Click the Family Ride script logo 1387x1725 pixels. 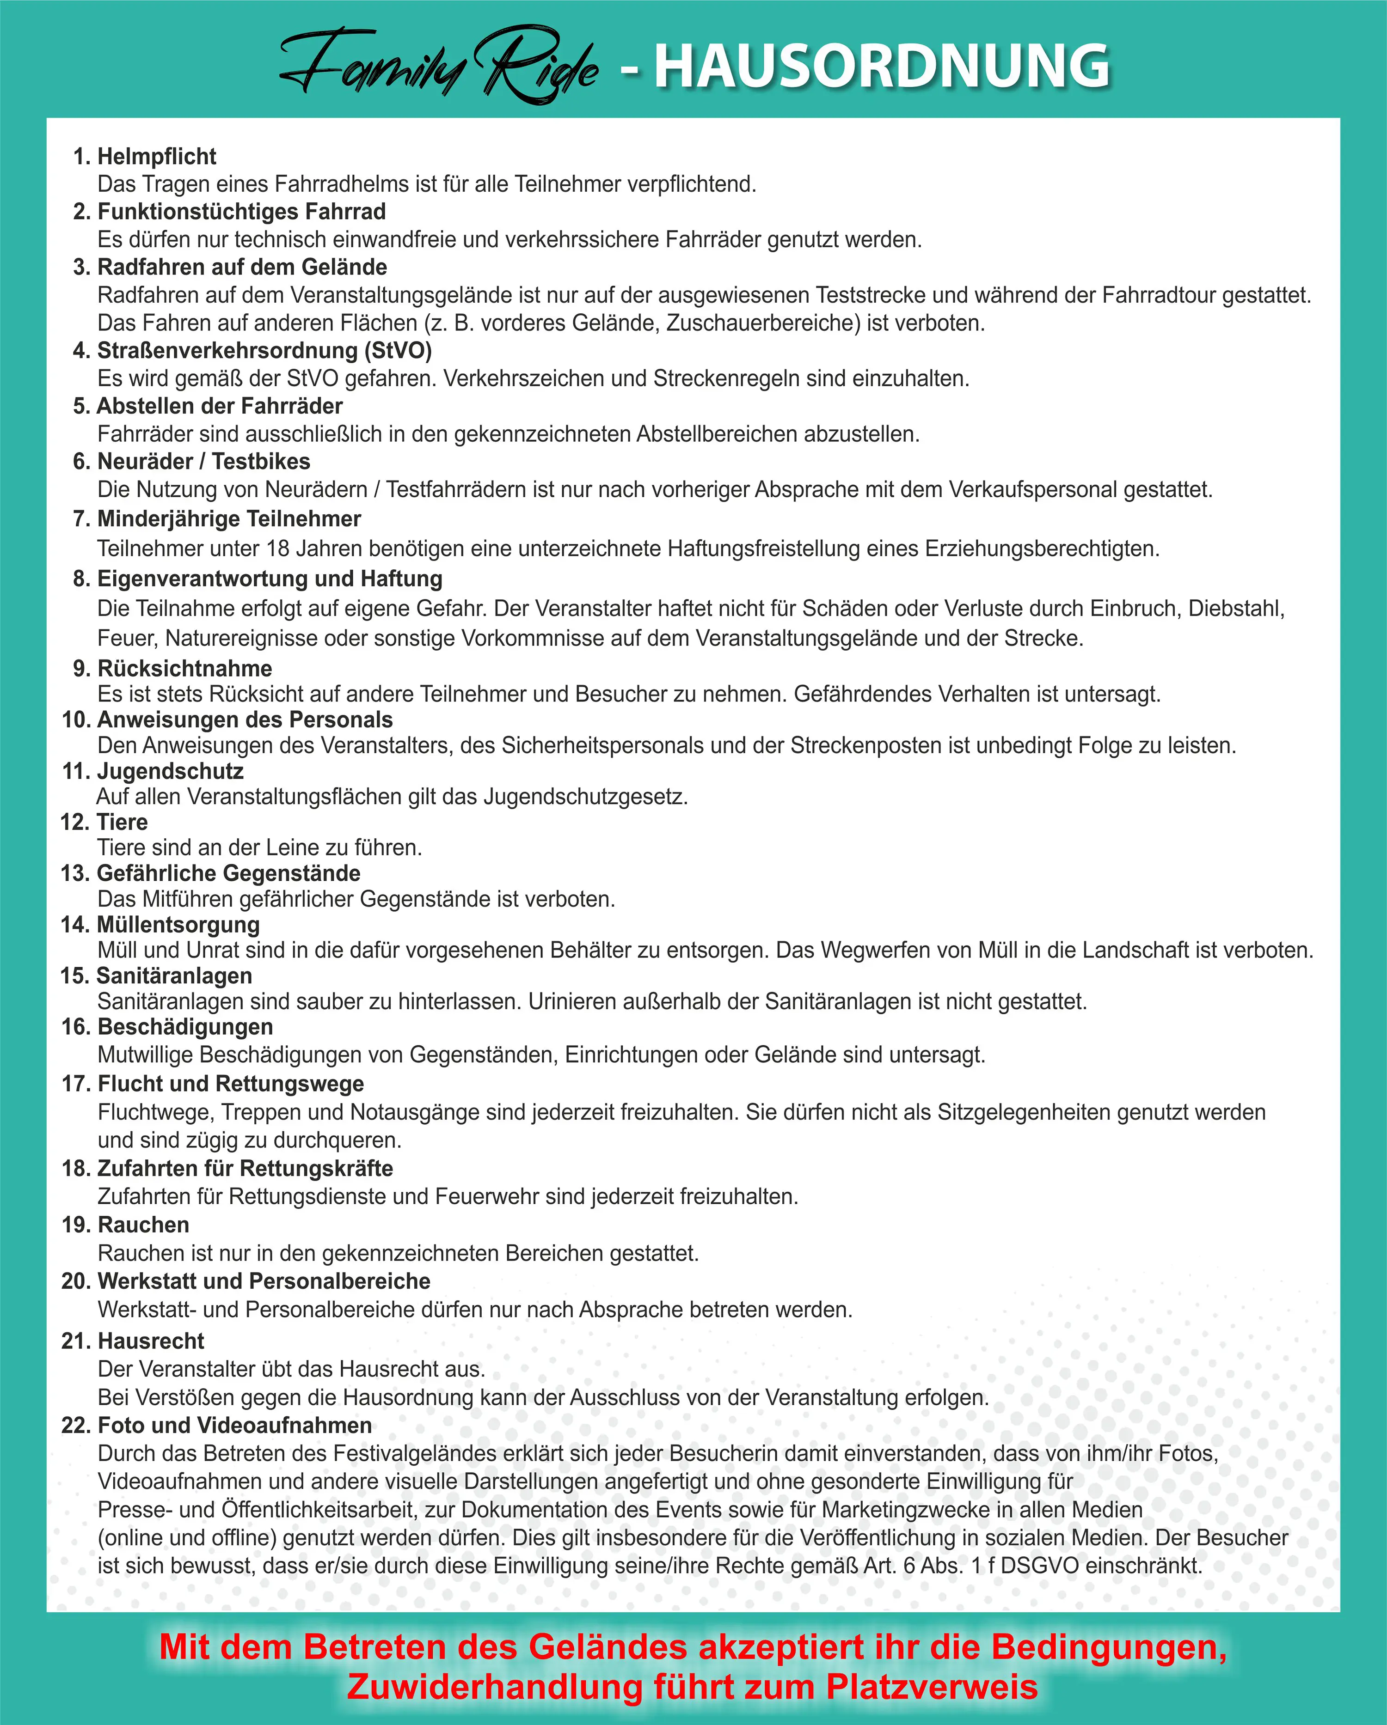point(439,66)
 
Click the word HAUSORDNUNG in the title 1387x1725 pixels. point(882,66)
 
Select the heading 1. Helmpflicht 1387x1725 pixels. point(145,157)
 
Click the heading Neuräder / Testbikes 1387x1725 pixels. point(203,462)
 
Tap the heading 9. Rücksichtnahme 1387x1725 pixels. point(172,668)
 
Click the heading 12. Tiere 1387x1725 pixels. point(104,823)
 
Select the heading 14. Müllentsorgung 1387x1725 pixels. point(160,925)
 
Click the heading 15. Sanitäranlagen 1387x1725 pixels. point(156,976)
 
